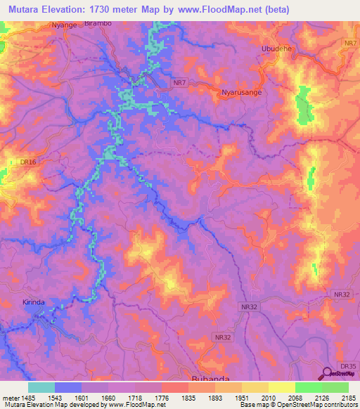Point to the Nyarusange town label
pos(242,92)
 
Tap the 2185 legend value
pos(349,397)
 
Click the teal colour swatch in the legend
pos(41,387)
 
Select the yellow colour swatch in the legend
pos(282,387)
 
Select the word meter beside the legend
pos(10,397)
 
